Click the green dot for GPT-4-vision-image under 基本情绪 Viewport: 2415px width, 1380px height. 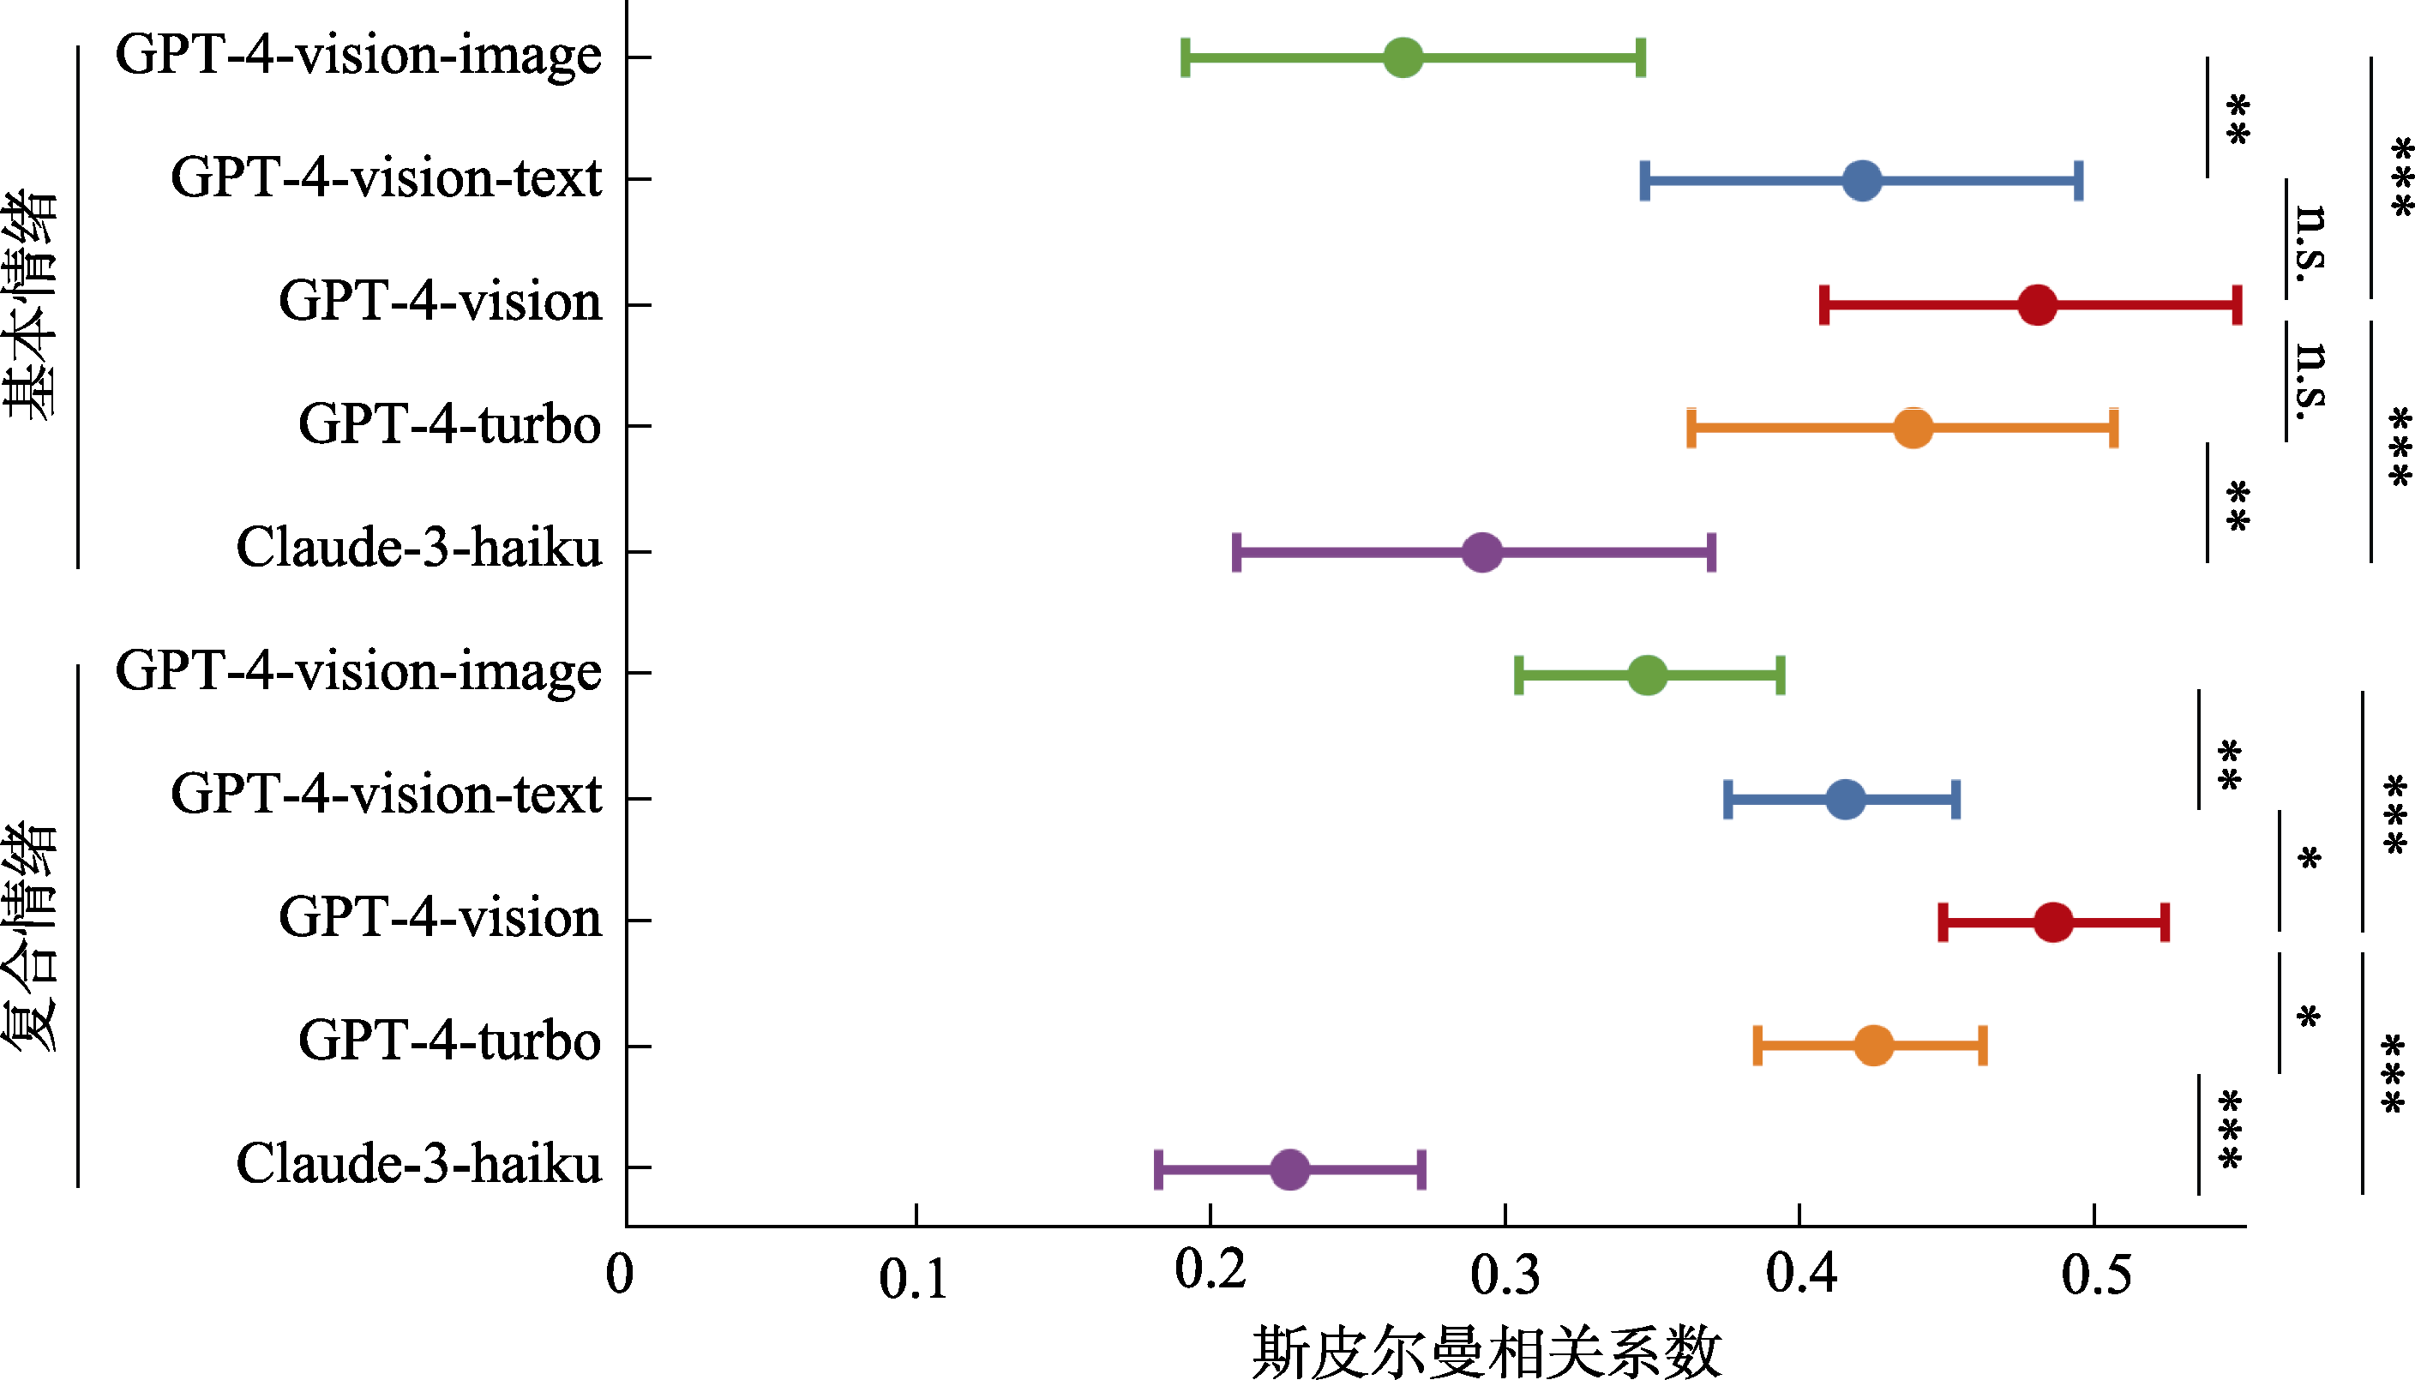[x=1403, y=57]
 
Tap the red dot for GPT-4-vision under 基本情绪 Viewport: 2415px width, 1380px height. [x=2037, y=305]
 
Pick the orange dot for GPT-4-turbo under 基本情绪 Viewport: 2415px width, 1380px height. [x=1913, y=429]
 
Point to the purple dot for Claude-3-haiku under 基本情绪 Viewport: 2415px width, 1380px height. [x=1482, y=553]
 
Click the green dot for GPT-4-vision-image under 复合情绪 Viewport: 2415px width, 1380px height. [x=1647, y=675]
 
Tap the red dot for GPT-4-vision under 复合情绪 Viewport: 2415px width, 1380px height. [x=2053, y=922]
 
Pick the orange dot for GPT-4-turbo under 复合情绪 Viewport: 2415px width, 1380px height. [x=1873, y=1046]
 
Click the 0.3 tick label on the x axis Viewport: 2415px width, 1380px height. [x=1505, y=1275]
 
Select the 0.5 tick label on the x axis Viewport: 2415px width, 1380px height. [x=2095, y=1275]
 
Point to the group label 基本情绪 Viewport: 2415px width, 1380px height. [x=30, y=304]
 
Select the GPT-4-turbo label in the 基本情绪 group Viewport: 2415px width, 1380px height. [x=449, y=423]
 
